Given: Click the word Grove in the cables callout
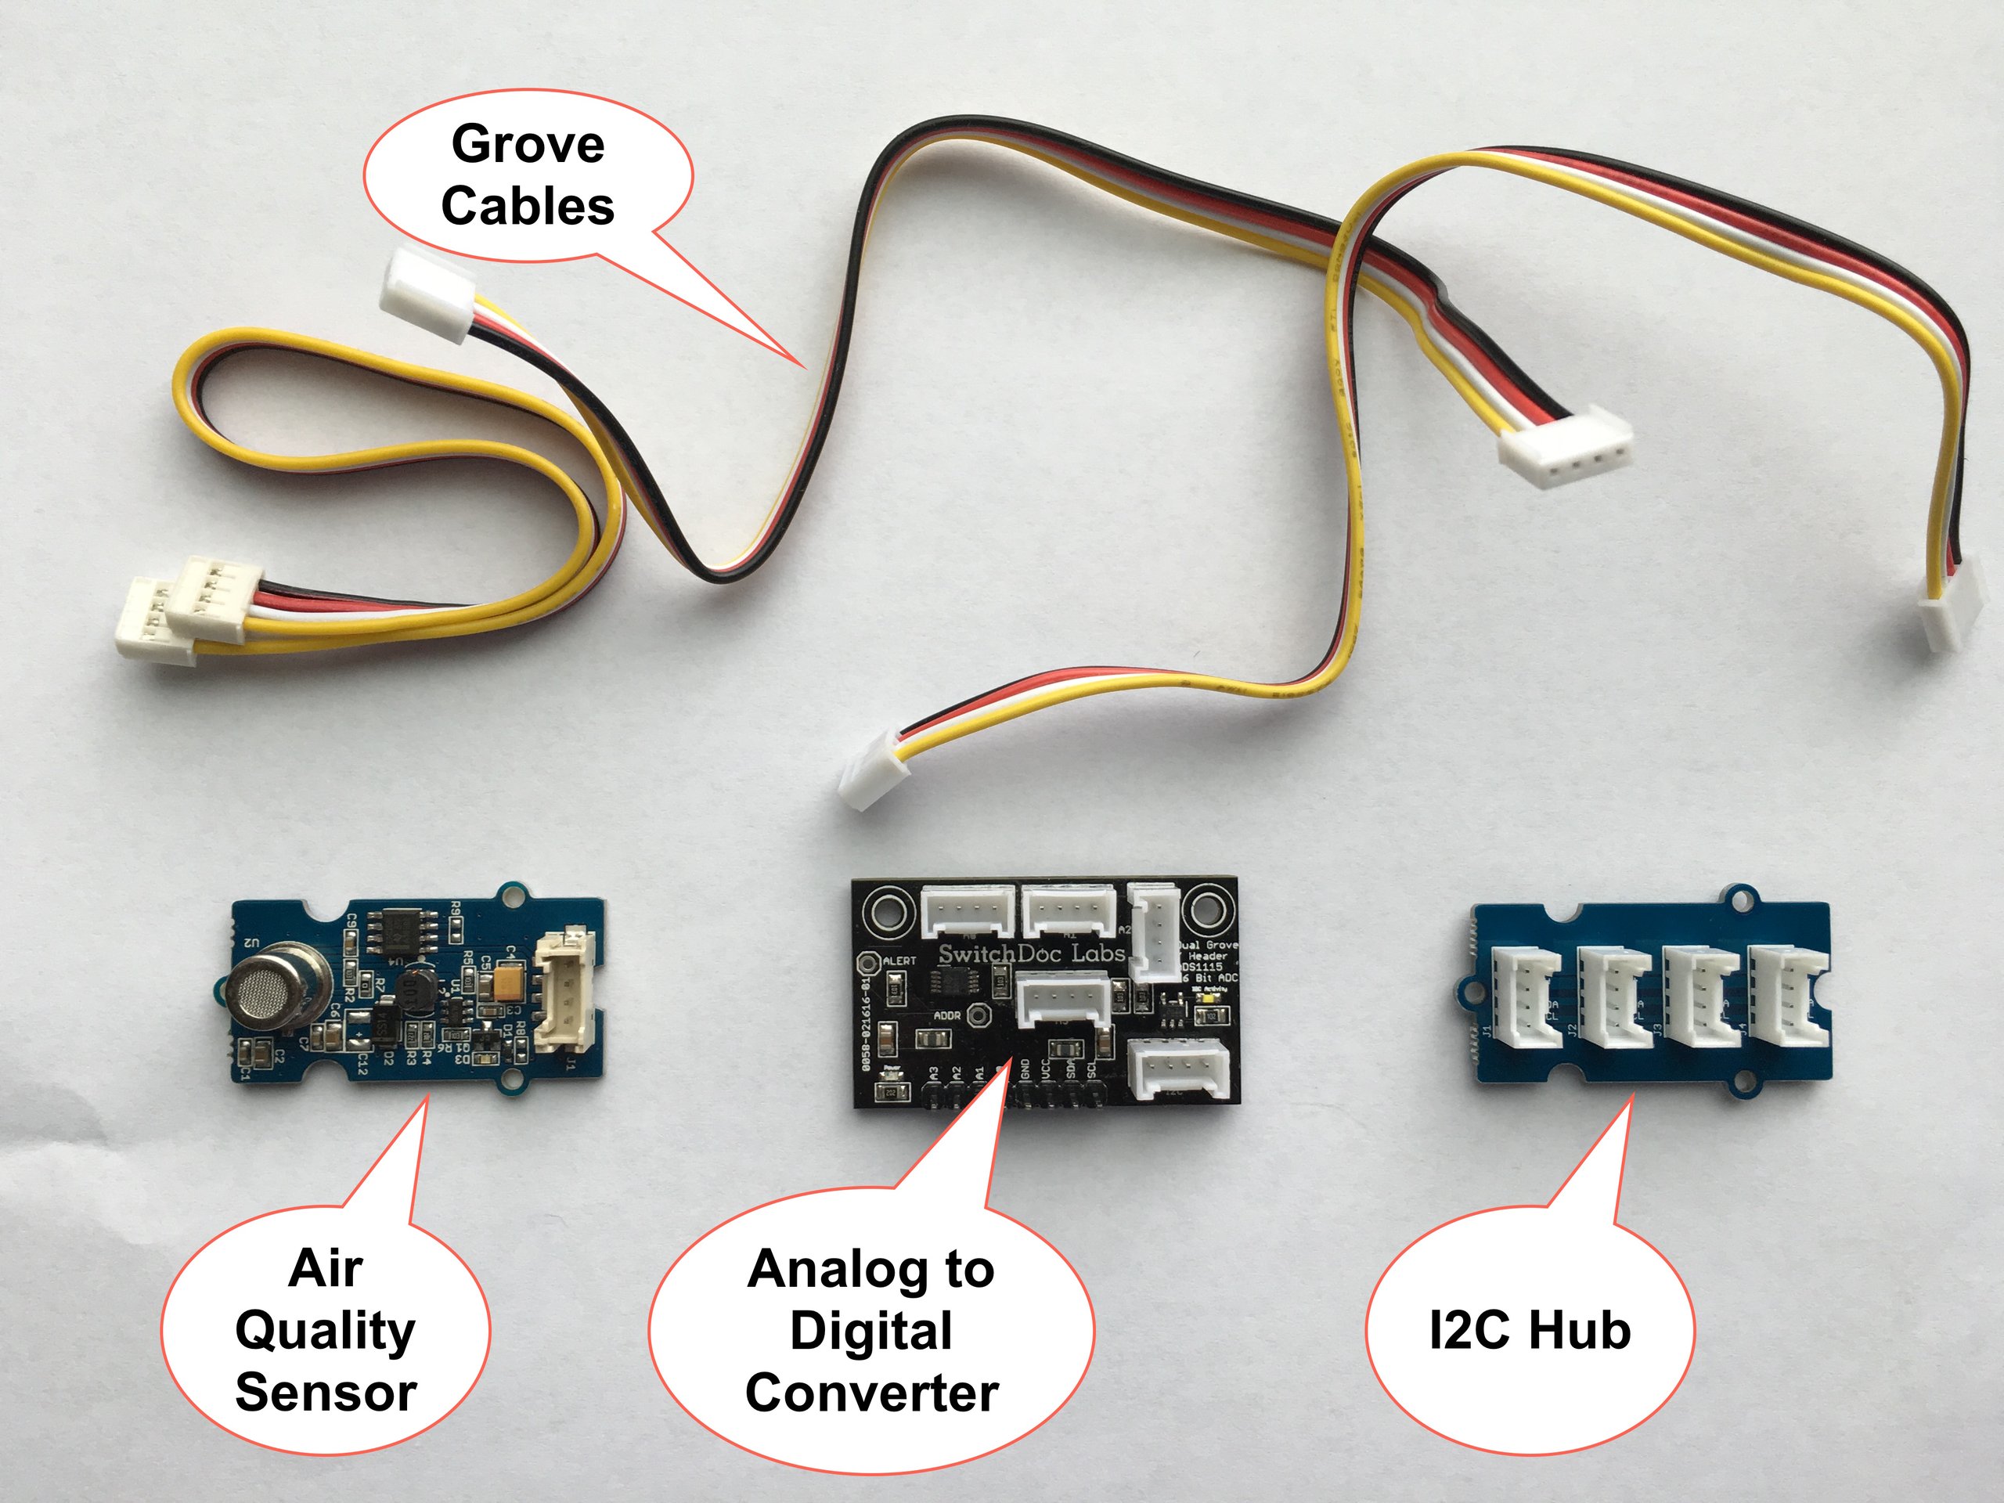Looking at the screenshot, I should coord(528,145).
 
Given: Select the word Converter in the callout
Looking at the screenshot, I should coord(871,1393).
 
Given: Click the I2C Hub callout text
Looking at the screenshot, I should coord(1530,1331).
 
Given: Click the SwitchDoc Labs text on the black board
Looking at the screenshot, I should coord(1031,954).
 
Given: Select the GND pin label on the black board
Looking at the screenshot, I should coord(1025,1069).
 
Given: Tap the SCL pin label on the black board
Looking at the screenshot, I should coord(1092,1069).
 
